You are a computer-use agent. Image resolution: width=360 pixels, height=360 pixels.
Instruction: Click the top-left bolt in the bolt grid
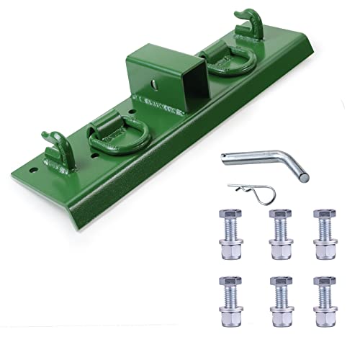click(x=230, y=235)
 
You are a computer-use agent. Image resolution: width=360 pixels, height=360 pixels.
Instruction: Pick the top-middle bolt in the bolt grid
click(x=279, y=235)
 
